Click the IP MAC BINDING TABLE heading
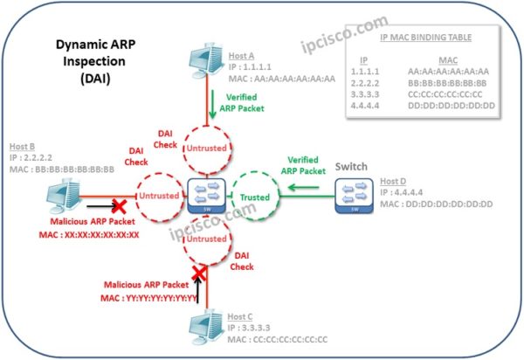(x=417, y=39)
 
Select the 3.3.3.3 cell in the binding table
(x=365, y=93)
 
